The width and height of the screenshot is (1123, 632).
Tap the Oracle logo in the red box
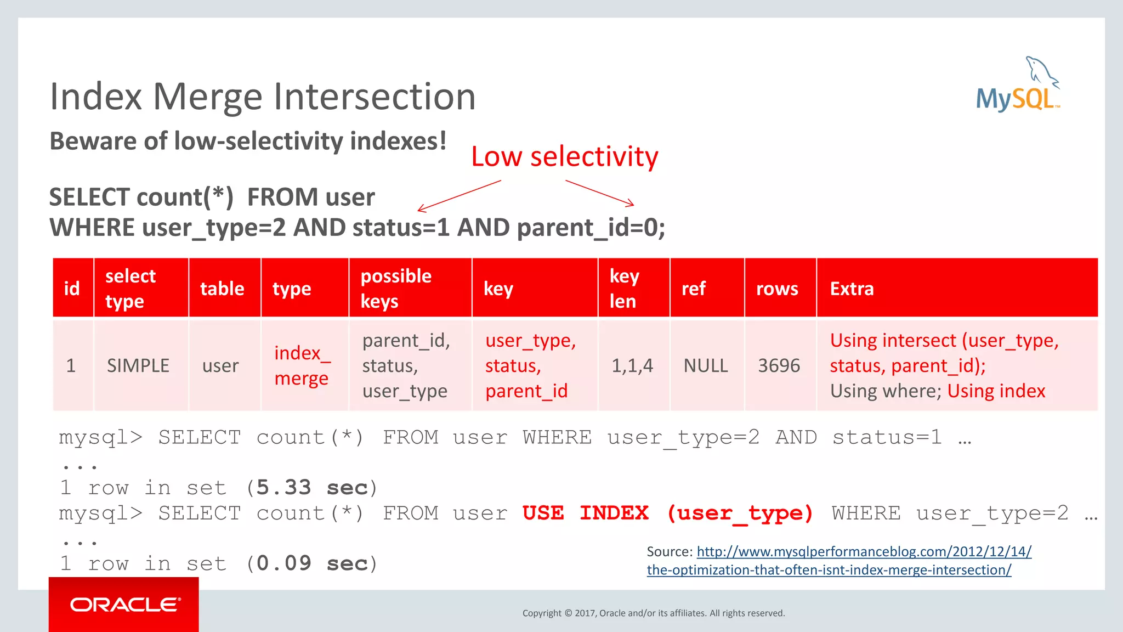pyautogui.click(x=124, y=605)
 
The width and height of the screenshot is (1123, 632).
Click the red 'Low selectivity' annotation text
pyautogui.click(x=564, y=157)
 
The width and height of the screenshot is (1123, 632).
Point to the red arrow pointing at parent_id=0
pyautogui.click(x=600, y=193)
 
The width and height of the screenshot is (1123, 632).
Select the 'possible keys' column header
pyautogui.click(x=396, y=289)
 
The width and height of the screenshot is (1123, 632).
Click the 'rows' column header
pyautogui.click(x=777, y=289)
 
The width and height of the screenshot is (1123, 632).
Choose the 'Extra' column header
pyautogui.click(x=852, y=289)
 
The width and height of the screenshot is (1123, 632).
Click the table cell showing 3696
pyautogui.click(x=779, y=365)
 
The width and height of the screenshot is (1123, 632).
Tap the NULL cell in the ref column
pyautogui.click(x=706, y=365)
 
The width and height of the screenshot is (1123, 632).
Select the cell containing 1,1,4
pyautogui.click(x=632, y=365)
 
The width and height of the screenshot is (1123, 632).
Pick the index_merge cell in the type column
pyautogui.click(x=302, y=365)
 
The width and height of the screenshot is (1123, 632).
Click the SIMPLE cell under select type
pyautogui.click(x=138, y=365)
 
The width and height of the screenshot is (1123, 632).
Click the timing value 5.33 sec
pyautogui.click(x=312, y=487)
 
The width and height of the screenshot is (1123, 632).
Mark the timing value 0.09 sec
pyautogui.click(x=312, y=563)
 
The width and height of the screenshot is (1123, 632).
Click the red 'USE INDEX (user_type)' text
pyautogui.click(x=667, y=513)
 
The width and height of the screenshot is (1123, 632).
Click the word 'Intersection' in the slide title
pyautogui.click(x=375, y=97)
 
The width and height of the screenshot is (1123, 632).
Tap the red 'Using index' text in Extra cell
pyautogui.click(x=996, y=391)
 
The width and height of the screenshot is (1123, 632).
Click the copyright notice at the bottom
pyautogui.click(x=654, y=613)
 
